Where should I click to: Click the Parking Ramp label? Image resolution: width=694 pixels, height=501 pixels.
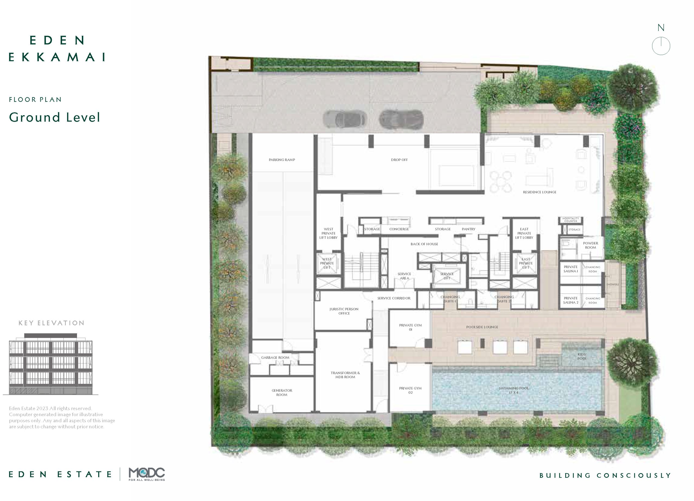pos(282,160)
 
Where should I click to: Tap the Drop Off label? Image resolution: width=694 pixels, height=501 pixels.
pos(399,160)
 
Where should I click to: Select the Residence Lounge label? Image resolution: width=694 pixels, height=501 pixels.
pos(539,192)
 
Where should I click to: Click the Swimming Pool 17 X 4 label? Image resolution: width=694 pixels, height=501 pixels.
pos(513,390)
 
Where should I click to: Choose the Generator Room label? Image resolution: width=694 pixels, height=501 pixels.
pos(282,392)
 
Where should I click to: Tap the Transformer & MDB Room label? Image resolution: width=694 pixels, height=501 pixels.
pos(345,375)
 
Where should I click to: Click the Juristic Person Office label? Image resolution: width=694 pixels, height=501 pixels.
pos(344,311)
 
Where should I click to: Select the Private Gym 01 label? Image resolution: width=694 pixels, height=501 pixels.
pos(410,327)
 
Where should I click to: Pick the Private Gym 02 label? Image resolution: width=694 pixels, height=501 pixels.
pos(410,390)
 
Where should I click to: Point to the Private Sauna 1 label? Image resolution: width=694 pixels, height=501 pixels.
pos(571,269)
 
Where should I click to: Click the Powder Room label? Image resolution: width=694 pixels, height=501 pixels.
pos(590,245)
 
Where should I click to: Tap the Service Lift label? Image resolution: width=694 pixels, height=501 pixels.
pos(447,276)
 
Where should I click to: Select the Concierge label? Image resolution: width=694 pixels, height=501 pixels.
pos(399,229)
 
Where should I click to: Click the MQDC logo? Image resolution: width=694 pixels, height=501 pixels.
pos(147,474)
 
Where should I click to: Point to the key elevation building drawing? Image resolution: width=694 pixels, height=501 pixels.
pos(51,364)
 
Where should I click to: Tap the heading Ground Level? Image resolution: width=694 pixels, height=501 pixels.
pos(54,117)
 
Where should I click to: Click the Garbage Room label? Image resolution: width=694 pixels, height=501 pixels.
pos(275,358)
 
